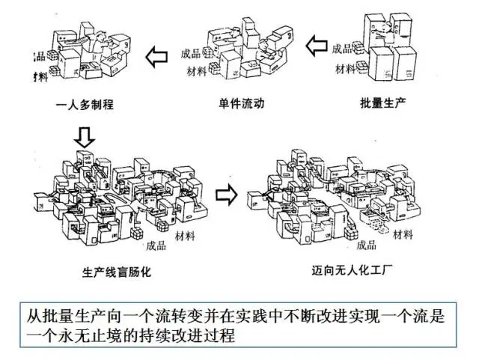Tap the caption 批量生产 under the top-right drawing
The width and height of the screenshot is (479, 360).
click(x=382, y=103)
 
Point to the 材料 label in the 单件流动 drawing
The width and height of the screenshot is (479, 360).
click(x=198, y=72)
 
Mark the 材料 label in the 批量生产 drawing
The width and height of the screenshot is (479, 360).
click(x=345, y=70)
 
